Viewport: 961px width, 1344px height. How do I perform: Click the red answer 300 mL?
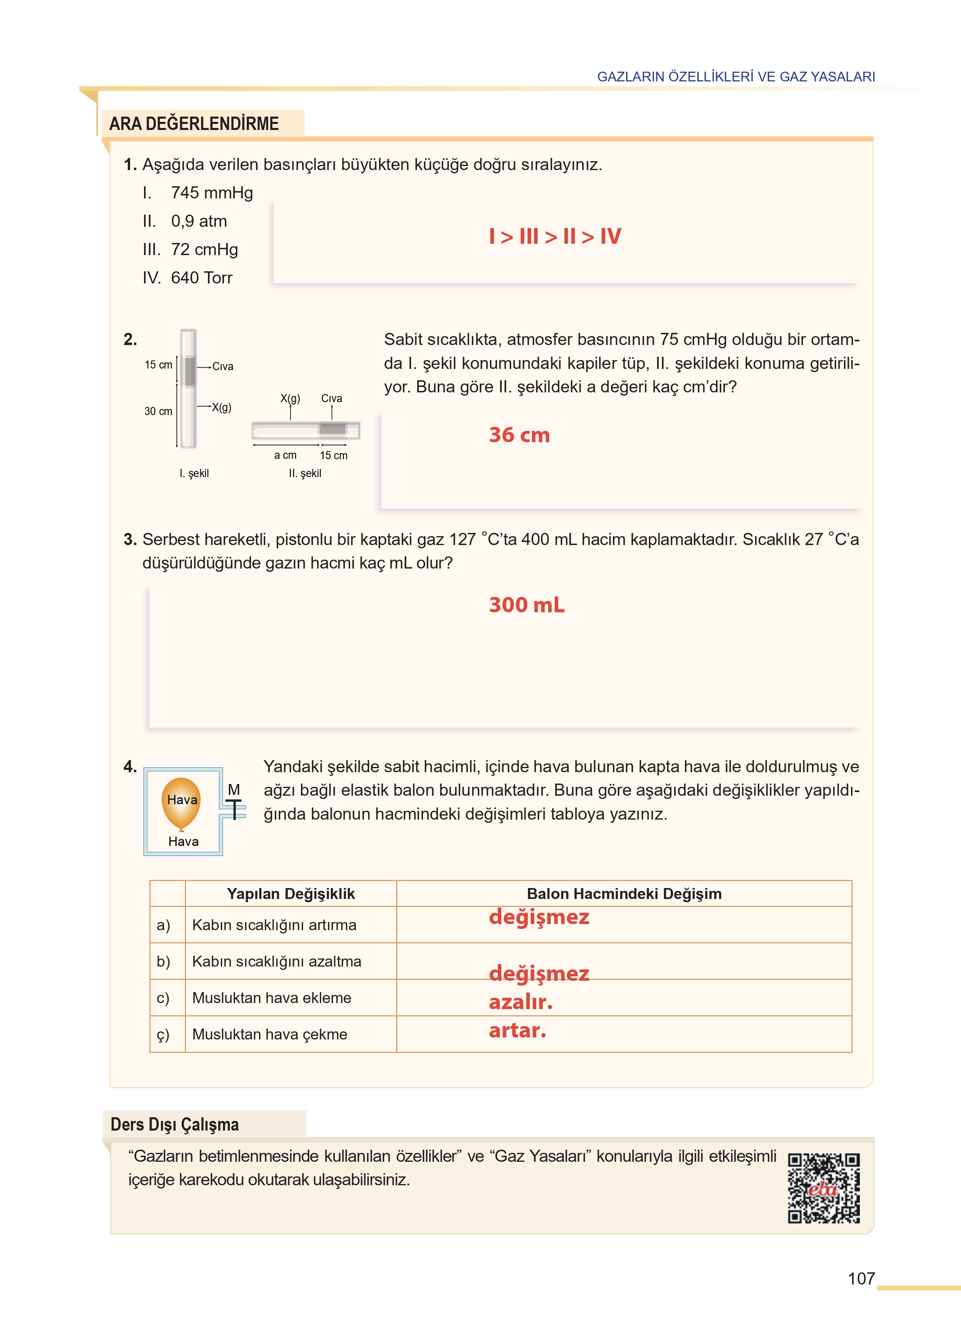point(526,605)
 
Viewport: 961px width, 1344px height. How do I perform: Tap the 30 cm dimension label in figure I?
point(158,411)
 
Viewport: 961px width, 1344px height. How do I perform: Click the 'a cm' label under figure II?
point(285,455)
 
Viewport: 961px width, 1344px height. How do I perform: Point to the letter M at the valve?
point(234,789)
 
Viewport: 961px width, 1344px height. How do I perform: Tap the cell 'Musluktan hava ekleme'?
point(272,998)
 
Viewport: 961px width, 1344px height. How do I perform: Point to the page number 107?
point(861,1278)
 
